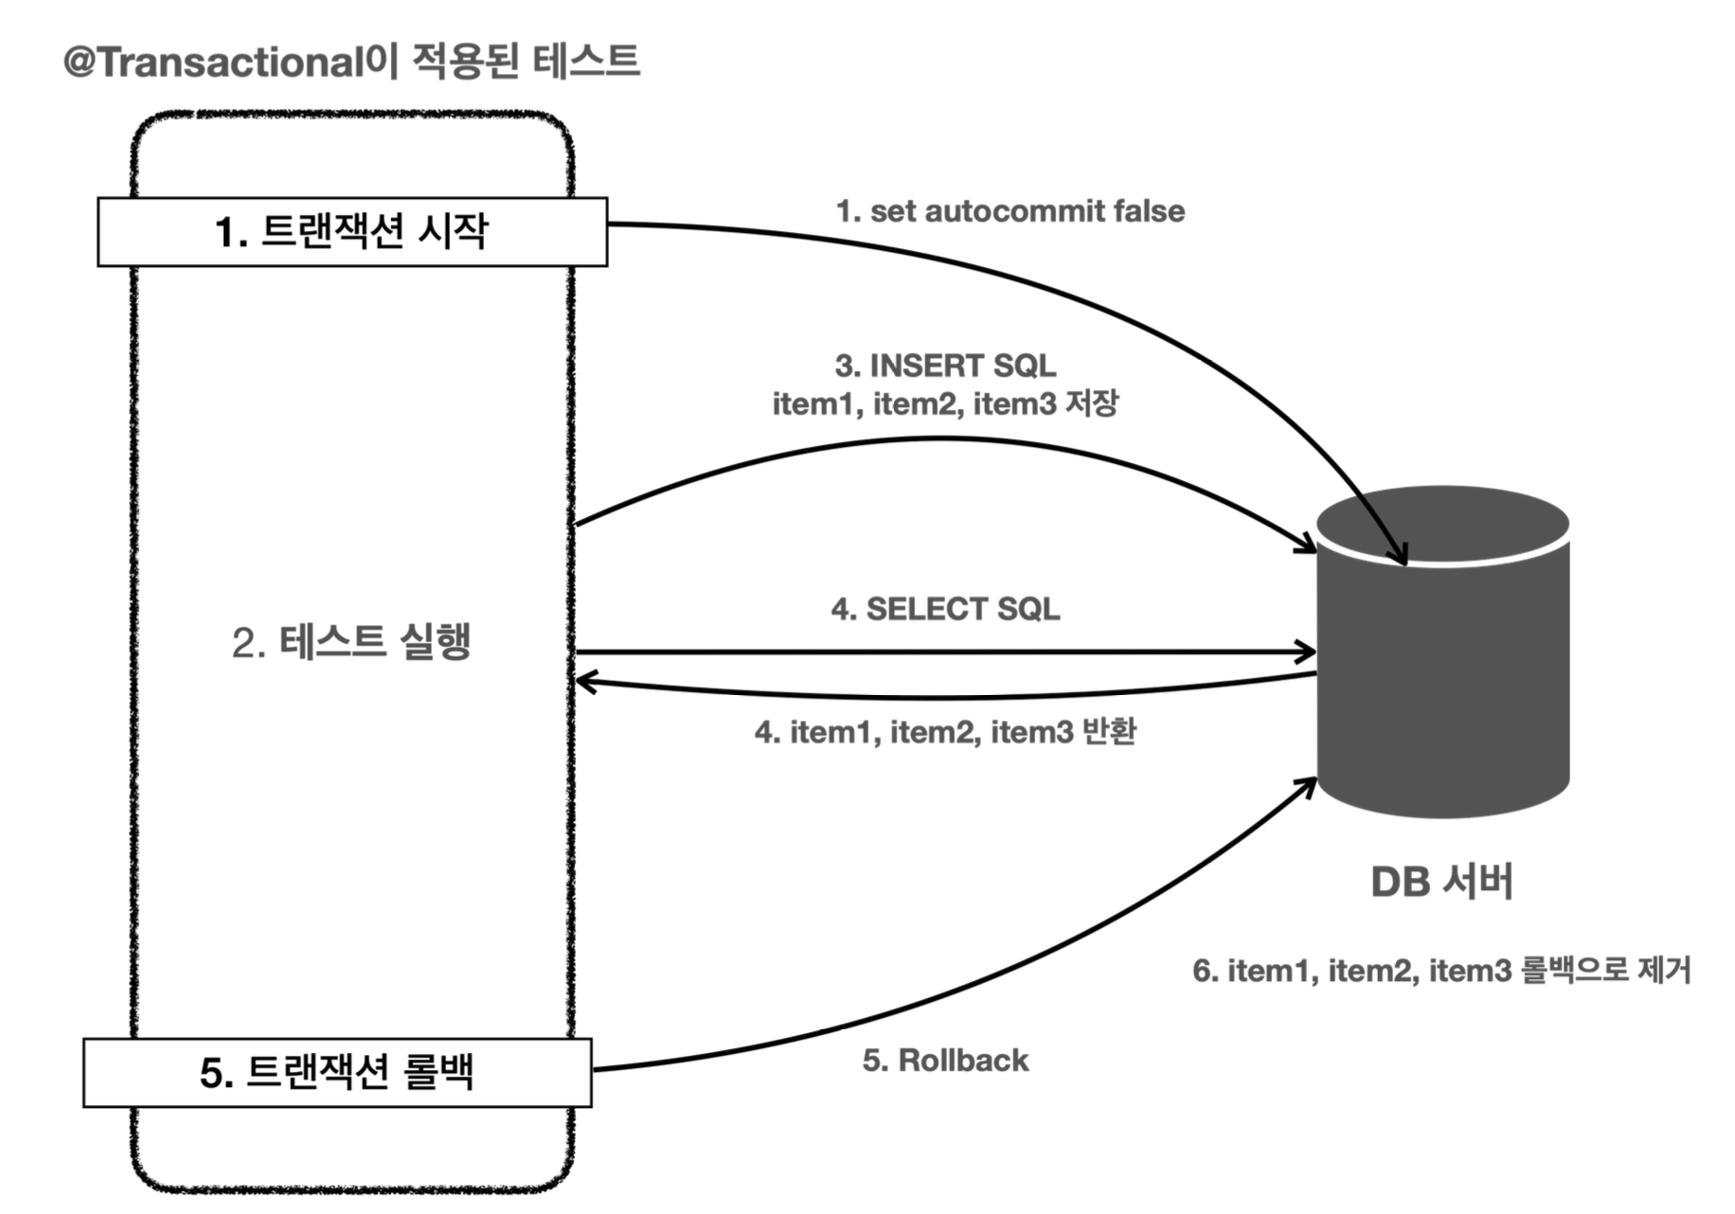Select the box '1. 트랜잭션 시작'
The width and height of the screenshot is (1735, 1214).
[x=351, y=232]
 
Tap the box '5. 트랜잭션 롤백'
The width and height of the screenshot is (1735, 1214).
[x=337, y=1073]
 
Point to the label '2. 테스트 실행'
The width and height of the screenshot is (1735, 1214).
[x=351, y=642]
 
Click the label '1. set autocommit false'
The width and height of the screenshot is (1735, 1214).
[x=1010, y=211]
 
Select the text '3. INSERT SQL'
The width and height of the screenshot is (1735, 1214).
[x=945, y=366]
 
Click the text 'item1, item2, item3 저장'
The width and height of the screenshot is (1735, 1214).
[x=945, y=403]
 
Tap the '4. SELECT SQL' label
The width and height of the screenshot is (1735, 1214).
[x=945, y=609]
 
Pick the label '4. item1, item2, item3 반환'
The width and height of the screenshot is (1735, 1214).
[x=945, y=732]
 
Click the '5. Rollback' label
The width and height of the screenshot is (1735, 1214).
[x=945, y=1061]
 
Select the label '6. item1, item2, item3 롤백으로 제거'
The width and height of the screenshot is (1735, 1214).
[x=1441, y=971]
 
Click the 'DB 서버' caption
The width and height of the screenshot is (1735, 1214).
[x=1441, y=882]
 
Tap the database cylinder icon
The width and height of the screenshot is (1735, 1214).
[x=1442, y=663]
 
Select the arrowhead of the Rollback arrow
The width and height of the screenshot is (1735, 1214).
[x=1310, y=783]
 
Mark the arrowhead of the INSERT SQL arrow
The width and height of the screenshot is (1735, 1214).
[x=1310, y=545]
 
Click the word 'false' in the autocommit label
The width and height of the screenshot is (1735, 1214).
[x=1149, y=211]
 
